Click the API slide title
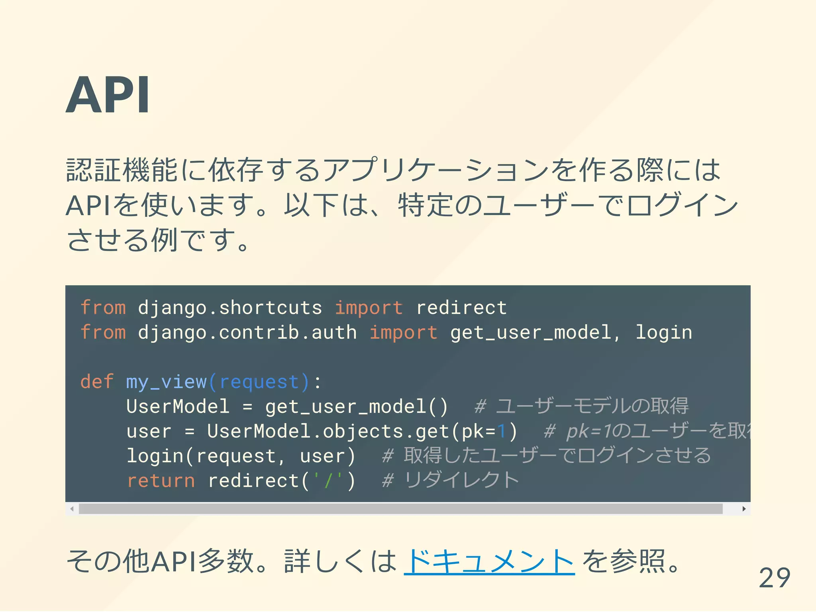point(108,96)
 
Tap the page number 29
point(774,578)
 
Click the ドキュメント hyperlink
point(489,561)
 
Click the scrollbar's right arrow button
point(743,509)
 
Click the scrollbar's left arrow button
point(72,509)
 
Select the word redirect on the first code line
point(461,308)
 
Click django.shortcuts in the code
point(230,308)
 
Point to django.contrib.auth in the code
point(247,332)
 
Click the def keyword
point(97,382)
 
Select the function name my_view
point(166,382)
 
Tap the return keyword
point(161,481)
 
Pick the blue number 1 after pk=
point(501,431)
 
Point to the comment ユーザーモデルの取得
point(592,406)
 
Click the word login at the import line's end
point(664,332)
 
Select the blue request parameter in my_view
point(259,382)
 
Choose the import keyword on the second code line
point(403,332)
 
